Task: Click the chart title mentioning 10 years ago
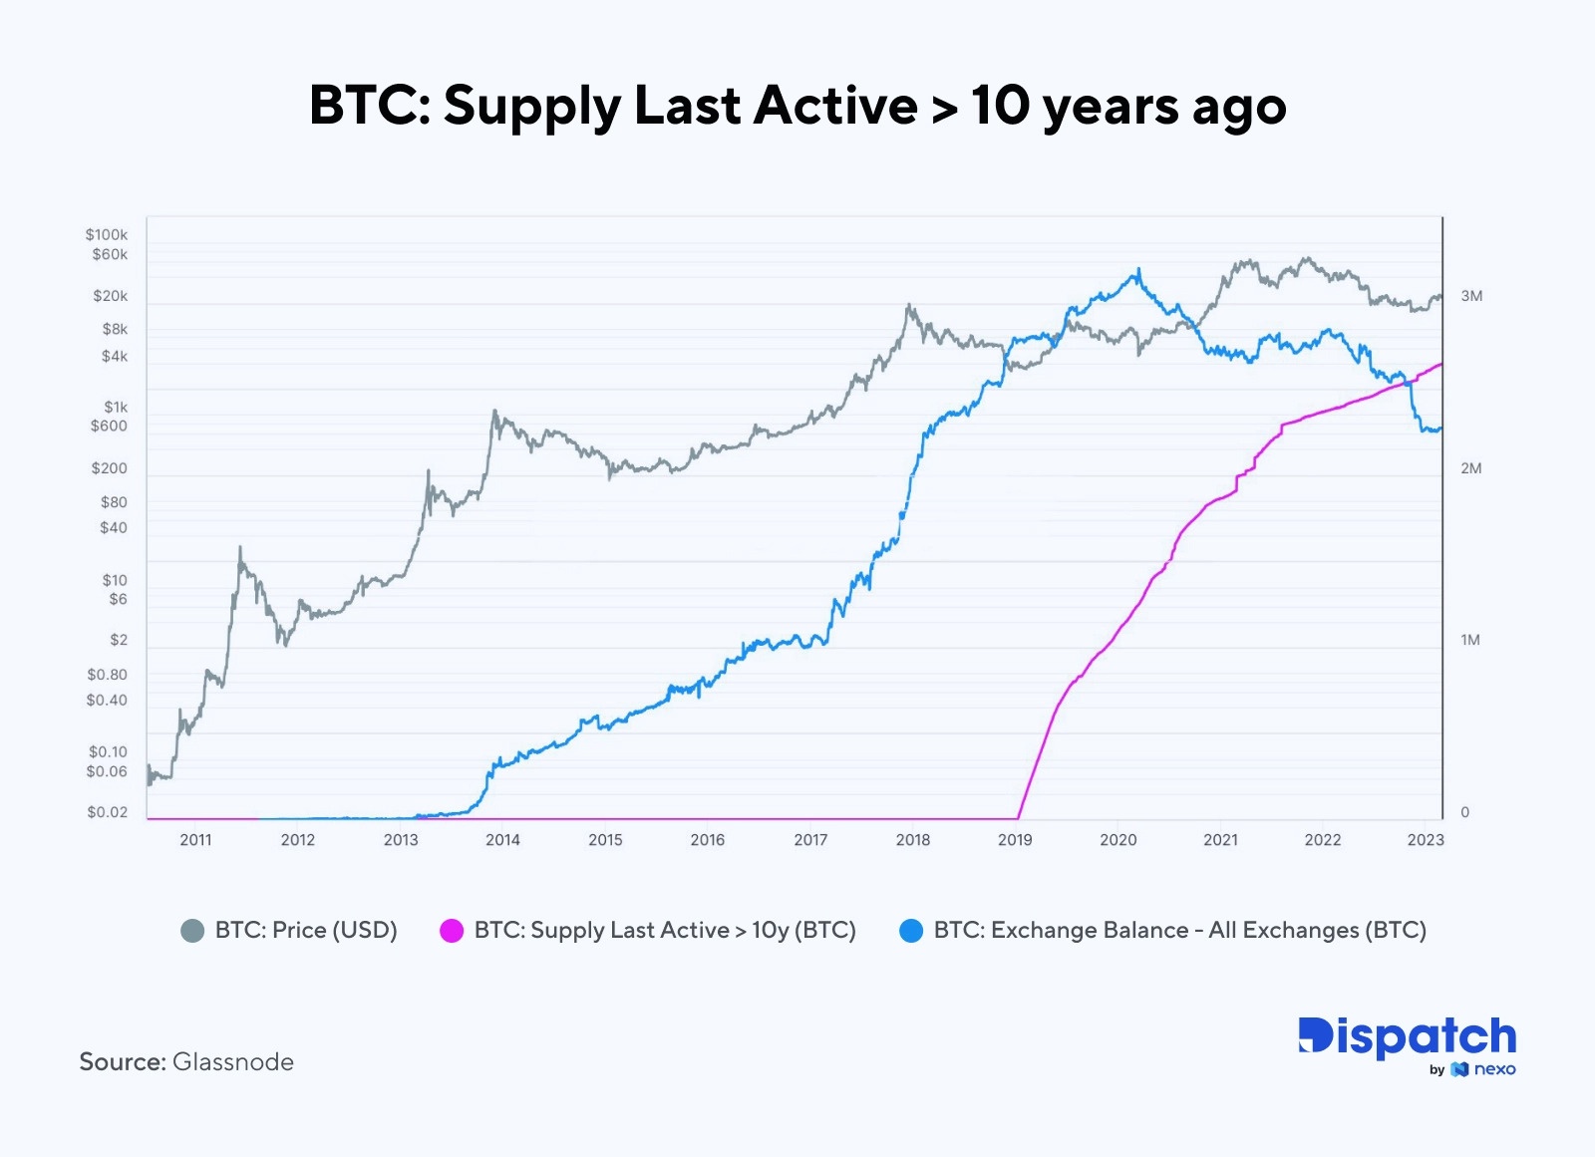pyautogui.click(x=797, y=106)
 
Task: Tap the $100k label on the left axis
pyautogui.click(x=107, y=235)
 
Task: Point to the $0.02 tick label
pyautogui.click(x=107, y=812)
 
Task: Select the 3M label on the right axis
pyautogui.click(x=1471, y=296)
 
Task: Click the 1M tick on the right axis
pyautogui.click(x=1470, y=640)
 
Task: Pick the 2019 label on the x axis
pyautogui.click(x=1015, y=840)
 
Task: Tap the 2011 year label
pyautogui.click(x=195, y=840)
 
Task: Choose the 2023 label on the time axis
pyautogui.click(x=1425, y=840)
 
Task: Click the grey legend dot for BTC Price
pyautogui.click(x=192, y=931)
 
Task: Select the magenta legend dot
pyautogui.click(x=452, y=931)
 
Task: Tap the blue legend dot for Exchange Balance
pyautogui.click(x=911, y=931)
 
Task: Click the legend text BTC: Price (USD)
pyautogui.click(x=306, y=931)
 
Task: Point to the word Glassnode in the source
pyautogui.click(x=233, y=1062)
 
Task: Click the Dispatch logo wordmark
pyautogui.click(x=1407, y=1038)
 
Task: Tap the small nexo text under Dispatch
pyautogui.click(x=1494, y=1070)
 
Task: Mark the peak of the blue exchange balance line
pyautogui.click(x=1138, y=269)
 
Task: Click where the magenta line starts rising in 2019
pyautogui.click(x=1019, y=817)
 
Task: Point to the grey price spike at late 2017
pyautogui.click(x=908, y=306)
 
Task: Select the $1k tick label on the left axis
pyautogui.click(x=116, y=408)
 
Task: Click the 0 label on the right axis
pyautogui.click(x=1464, y=812)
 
